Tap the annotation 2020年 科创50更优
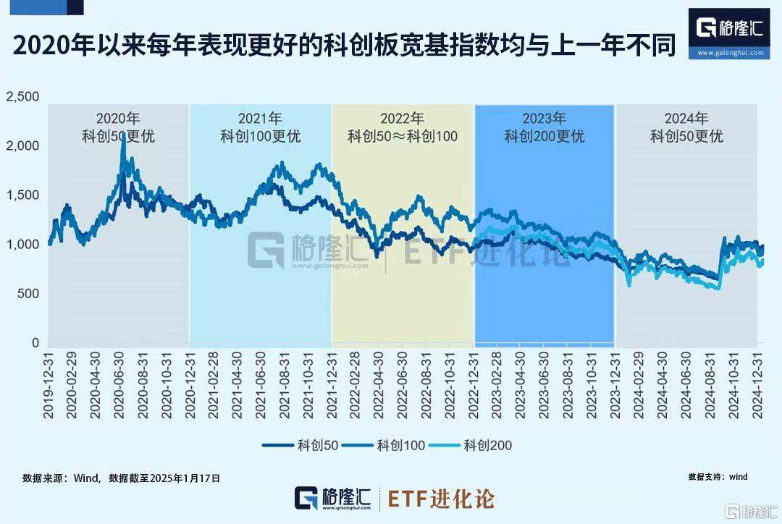[118, 127]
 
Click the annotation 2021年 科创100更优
[260, 127]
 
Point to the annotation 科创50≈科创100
[403, 135]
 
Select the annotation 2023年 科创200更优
[545, 127]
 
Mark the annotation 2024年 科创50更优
[686, 127]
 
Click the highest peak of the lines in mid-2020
[123, 136]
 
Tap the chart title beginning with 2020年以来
[344, 46]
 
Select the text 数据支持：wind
[718, 477]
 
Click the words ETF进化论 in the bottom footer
[442, 499]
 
